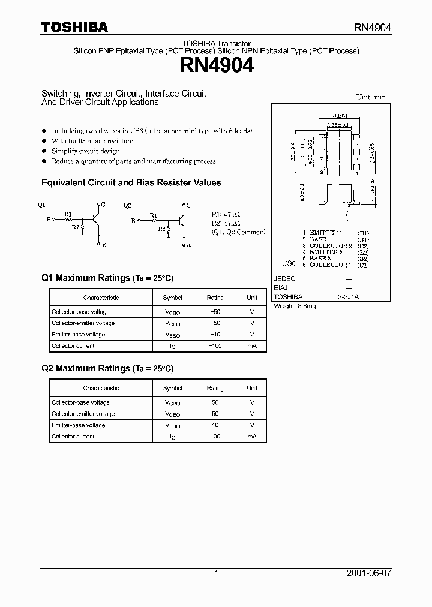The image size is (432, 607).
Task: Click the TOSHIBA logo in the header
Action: pyautogui.click(x=74, y=27)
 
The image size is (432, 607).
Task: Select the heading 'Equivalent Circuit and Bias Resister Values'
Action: pyautogui.click(x=131, y=182)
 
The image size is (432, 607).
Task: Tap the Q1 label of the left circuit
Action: pyautogui.click(x=41, y=205)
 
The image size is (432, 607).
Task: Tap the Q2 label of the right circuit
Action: pyautogui.click(x=127, y=205)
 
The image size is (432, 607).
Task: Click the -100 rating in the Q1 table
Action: pyautogui.click(x=215, y=346)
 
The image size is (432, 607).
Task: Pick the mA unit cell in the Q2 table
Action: pyautogui.click(x=252, y=437)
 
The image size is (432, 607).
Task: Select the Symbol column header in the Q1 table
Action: pyautogui.click(x=173, y=298)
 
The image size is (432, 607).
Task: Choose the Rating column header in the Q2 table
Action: pyautogui.click(x=215, y=388)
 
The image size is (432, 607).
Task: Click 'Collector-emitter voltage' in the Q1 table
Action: pyautogui.click(x=83, y=323)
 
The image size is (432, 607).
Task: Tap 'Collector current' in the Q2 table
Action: pyautogui.click(x=73, y=437)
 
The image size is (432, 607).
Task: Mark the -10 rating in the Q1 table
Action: pyautogui.click(x=215, y=335)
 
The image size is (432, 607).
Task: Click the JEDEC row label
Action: pyautogui.click(x=284, y=279)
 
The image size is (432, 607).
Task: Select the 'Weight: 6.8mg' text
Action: pyautogui.click(x=295, y=306)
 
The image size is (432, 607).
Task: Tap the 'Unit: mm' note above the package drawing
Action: pyautogui.click(x=371, y=97)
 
